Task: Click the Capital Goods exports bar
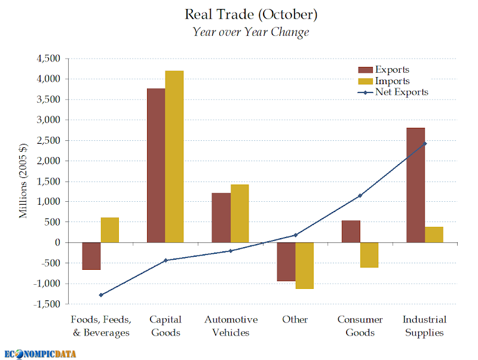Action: coord(156,165)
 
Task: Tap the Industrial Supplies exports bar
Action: coord(415,185)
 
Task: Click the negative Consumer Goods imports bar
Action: coord(369,255)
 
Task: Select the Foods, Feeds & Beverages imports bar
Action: coord(110,230)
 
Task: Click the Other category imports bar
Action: coord(305,266)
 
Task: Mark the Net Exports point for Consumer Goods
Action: coord(360,195)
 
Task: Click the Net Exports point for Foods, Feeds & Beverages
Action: coord(101,295)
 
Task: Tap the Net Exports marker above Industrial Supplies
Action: coord(425,143)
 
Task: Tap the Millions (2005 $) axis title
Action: coord(23,181)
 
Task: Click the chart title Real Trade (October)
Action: coord(251,14)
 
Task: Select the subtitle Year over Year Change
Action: coord(251,32)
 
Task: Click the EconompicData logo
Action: coord(41,353)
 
